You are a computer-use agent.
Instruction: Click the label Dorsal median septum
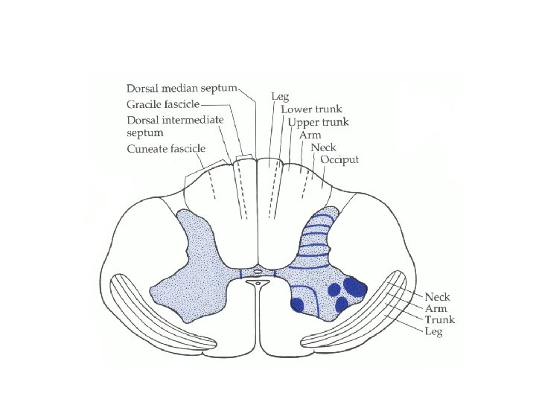[x=182, y=88]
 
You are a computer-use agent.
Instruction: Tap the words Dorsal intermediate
[x=173, y=120]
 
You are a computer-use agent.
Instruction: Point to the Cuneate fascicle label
[x=165, y=149]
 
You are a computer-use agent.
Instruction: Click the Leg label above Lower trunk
[x=280, y=96]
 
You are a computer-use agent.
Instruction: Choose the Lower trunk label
[x=311, y=109]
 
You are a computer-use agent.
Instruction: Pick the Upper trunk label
[x=319, y=122]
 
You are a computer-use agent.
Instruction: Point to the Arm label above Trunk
[x=436, y=309]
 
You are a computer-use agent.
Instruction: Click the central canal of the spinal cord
[x=258, y=283]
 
